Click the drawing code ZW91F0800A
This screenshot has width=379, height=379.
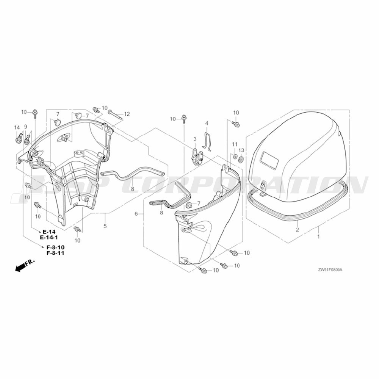330,270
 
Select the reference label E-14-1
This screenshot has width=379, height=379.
49,237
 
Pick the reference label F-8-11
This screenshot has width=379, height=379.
56,253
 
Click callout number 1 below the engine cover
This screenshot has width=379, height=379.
319,236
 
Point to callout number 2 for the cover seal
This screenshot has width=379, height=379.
298,229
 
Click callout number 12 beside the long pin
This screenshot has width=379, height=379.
127,114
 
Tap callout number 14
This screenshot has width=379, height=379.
17,127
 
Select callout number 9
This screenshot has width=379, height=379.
26,127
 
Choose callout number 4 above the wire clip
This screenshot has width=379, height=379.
207,123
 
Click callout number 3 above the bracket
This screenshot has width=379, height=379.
195,139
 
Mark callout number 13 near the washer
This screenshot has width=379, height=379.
241,150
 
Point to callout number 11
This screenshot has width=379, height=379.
235,144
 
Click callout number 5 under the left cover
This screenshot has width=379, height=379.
105,226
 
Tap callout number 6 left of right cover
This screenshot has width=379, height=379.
136,214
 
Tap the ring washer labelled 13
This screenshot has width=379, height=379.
241,160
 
